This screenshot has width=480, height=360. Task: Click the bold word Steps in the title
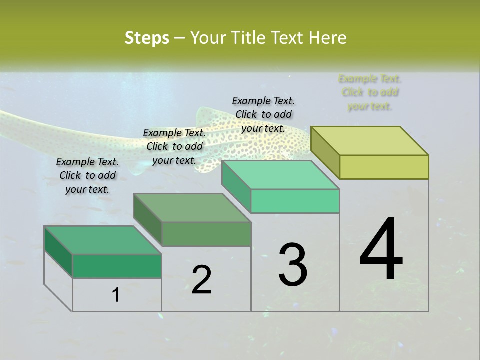click(146, 38)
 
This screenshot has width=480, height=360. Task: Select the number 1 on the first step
click(116, 295)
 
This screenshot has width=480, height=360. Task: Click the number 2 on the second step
click(201, 280)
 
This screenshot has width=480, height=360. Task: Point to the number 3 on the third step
click(293, 265)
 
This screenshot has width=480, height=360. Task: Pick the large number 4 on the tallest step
click(381, 250)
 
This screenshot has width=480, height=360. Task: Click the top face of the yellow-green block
click(370, 141)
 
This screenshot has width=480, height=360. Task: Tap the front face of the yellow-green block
click(384, 167)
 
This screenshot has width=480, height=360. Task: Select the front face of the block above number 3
click(295, 201)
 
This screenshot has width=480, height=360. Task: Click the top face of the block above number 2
click(192, 208)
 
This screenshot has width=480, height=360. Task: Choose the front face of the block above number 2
click(206, 234)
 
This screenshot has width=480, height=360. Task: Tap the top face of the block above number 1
click(103, 240)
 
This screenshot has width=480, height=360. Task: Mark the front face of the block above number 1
click(117, 266)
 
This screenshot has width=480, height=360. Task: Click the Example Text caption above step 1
click(87, 175)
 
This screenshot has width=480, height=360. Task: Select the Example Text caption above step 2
click(174, 146)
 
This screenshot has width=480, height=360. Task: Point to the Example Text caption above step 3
click(263, 114)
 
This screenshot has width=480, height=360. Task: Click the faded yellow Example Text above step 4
click(370, 92)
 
